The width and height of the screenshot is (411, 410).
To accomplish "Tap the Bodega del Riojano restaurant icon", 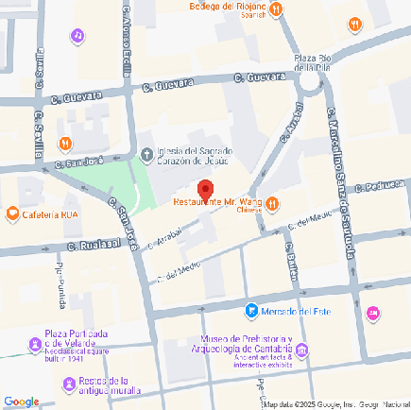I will tap(275, 10).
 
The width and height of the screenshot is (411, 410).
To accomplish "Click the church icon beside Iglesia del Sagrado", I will tap(146, 154).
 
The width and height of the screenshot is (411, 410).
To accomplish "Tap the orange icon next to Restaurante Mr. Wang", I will tap(272, 202).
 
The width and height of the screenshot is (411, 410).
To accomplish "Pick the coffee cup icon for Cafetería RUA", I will tap(12, 214).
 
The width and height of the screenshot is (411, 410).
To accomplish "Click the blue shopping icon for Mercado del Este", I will tap(251, 310).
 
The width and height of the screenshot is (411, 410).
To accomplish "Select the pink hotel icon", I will tap(374, 313).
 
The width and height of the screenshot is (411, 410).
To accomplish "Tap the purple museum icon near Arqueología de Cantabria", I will tap(301, 353).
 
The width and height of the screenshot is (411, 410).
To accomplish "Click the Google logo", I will tap(21, 401).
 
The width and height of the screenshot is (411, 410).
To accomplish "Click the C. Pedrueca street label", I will tap(384, 185).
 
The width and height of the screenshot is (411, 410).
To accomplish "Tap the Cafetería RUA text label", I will tap(50, 214).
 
